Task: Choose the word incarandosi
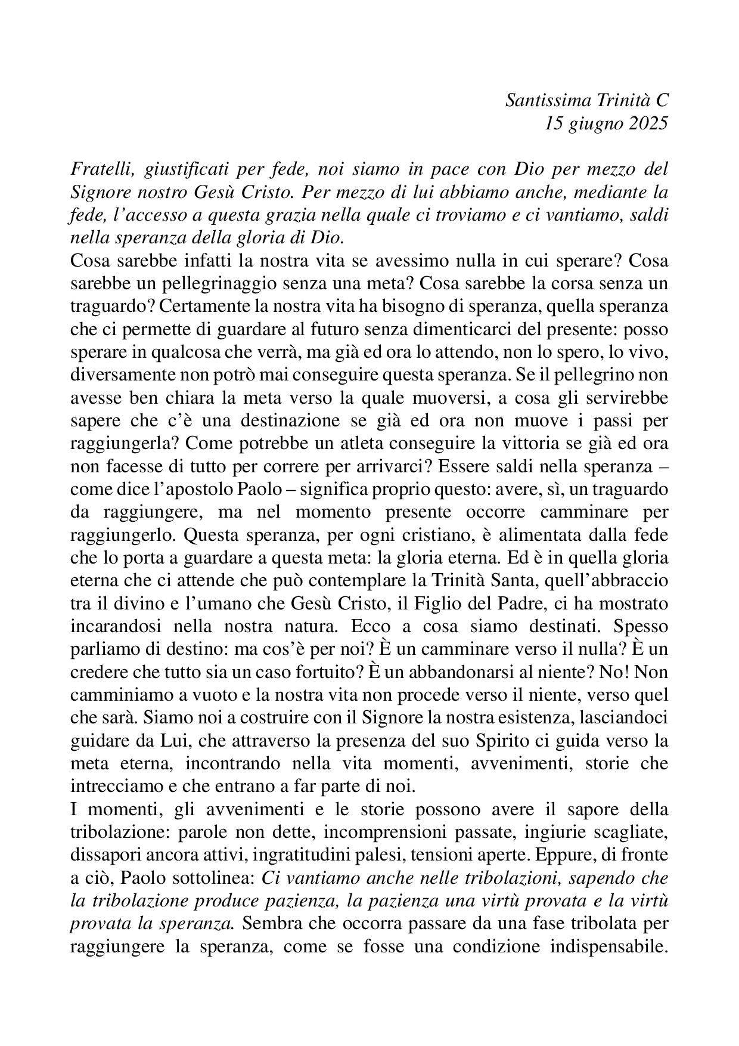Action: tap(116, 627)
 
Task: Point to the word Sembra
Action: tap(269, 924)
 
